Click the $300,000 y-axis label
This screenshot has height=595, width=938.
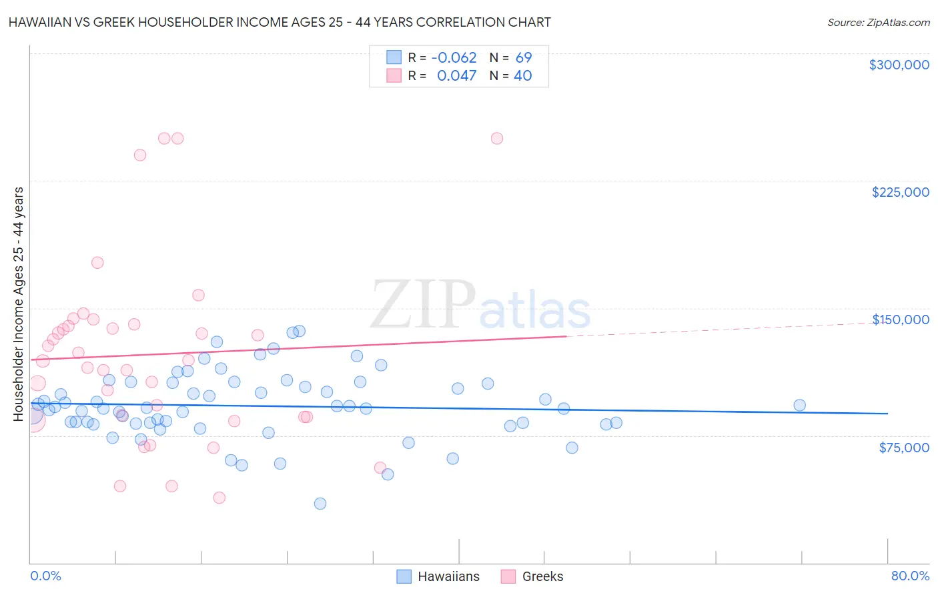click(899, 65)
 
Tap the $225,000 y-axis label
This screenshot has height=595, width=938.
click(900, 192)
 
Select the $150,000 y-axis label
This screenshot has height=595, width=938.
click(900, 320)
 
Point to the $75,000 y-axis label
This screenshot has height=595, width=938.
click(903, 448)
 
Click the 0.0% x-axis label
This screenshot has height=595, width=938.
click(45, 576)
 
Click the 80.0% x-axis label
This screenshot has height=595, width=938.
click(910, 576)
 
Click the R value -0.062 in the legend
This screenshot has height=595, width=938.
click(454, 58)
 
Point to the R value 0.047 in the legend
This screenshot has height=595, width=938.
click(456, 76)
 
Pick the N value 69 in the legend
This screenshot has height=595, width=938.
click(524, 58)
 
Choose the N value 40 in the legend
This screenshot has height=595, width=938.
click(523, 76)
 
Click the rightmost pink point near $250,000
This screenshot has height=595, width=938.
click(497, 139)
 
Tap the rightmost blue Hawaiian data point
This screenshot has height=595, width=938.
click(799, 405)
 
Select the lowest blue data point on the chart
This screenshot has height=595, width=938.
click(320, 504)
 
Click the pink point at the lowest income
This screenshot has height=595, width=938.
click(219, 498)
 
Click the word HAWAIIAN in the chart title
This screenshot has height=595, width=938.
click(39, 22)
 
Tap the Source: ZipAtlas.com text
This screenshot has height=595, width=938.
click(878, 23)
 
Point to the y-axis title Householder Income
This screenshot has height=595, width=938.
click(19, 304)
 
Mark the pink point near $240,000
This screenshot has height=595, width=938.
click(140, 155)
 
